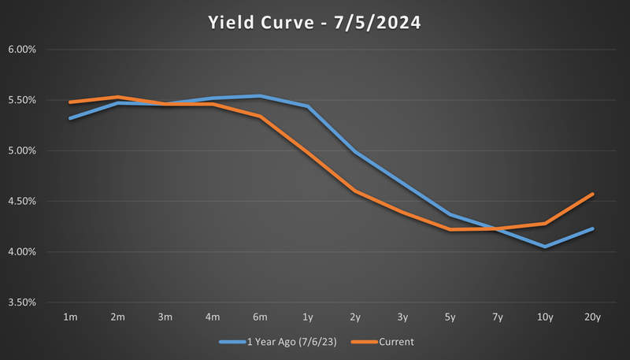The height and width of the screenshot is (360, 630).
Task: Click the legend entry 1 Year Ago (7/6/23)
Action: (x=292, y=342)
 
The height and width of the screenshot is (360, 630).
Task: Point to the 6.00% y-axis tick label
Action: (x=31, y=50)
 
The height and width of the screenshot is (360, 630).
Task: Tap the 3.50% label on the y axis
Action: (x=31, y=302)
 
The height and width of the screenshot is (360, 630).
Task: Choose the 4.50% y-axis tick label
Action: (x=31, y=202)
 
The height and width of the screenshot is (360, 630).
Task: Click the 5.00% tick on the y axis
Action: (x=31, y=150)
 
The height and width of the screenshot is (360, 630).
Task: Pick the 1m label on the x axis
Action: (x=71, y=317)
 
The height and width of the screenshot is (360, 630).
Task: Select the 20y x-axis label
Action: (x=592, y=317)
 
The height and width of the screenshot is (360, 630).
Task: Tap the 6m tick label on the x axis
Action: (x=261, y=317)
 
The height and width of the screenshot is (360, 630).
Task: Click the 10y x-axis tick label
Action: (x=545, y=317)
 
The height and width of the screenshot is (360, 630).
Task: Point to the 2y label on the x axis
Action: (x=355, y=317)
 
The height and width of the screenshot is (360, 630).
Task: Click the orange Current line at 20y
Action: (x=592, y=194)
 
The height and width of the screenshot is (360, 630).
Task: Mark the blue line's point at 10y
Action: (x=545, y=247)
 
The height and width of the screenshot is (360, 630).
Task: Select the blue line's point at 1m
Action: (x=71, y=118)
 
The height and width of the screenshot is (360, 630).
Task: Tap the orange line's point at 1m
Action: (x=71, y=102)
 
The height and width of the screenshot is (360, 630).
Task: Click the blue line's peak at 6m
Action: (x=261, y=96)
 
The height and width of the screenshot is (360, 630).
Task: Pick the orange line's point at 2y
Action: (x=355, y=191)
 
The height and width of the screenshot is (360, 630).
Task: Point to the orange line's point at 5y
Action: (x=450, y=229)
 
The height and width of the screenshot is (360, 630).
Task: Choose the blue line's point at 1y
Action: (x=308, y=106)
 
